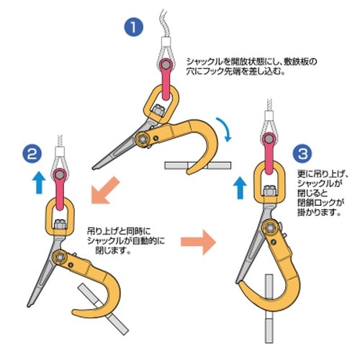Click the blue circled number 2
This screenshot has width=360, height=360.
coord(32,153)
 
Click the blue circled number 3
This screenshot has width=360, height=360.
coord(303,153)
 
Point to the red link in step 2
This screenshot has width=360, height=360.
coord(57,181)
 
